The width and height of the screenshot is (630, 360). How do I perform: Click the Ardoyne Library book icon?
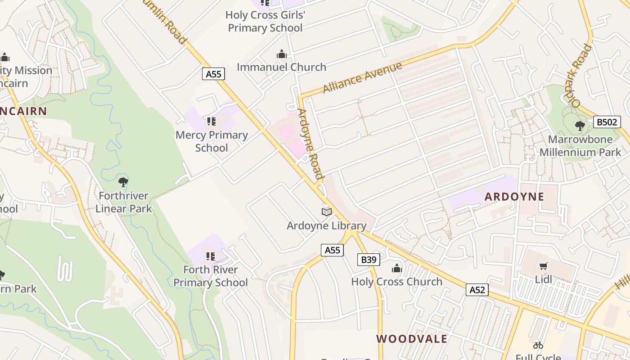327,211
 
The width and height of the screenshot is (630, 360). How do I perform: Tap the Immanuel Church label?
281,67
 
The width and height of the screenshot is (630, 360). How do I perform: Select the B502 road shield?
607,122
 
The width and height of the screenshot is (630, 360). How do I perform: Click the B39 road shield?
369,259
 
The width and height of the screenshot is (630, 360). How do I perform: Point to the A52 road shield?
477,289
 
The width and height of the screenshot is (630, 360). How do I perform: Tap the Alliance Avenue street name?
362,77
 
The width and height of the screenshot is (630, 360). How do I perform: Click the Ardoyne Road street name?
310,144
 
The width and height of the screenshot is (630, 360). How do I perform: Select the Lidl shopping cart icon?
544,266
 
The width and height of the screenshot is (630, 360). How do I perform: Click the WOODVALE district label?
412,339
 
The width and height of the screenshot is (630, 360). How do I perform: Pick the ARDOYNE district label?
514,197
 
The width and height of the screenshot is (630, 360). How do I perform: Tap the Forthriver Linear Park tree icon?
123,182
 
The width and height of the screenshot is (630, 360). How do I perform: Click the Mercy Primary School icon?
211,121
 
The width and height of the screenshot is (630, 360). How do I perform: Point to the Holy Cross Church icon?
396,269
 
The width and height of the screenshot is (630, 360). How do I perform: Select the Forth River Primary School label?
211,276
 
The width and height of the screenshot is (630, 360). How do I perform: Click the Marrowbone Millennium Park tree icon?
580,126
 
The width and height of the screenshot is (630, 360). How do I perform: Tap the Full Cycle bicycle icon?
538,345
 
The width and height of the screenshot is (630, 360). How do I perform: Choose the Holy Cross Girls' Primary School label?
265,21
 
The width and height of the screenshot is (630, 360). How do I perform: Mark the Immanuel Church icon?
282,54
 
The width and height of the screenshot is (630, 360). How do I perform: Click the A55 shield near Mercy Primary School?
213,74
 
